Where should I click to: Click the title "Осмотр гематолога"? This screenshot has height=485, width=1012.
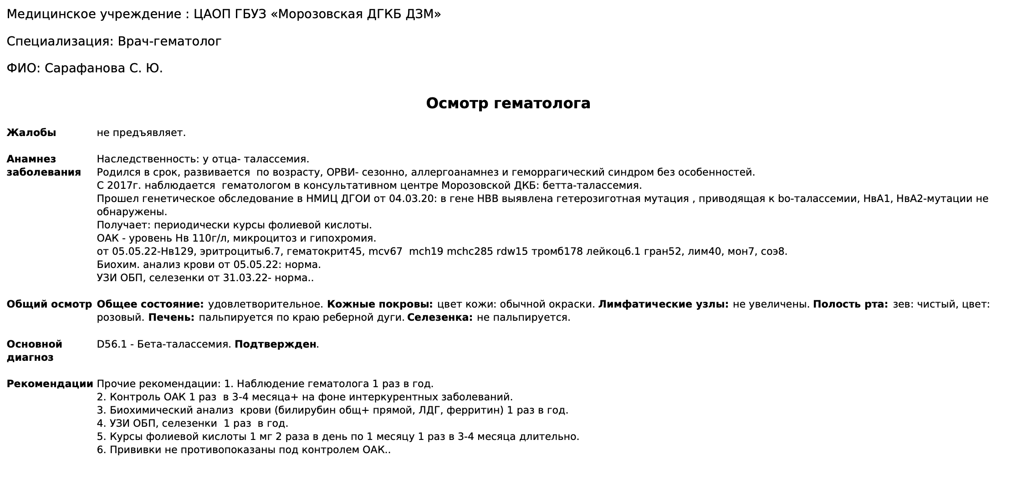(x=508, y=103)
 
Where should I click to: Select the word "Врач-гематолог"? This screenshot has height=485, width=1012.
(x=169, y=41)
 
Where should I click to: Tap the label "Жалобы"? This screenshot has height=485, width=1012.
(x=31, y=133)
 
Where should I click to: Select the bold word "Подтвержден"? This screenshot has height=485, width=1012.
(x=275, y=344)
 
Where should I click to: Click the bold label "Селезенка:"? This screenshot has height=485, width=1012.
(x=440, y=318)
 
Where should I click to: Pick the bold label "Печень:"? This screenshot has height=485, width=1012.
(x=171, y=318)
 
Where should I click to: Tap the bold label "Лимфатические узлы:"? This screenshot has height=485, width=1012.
(x=663, y=304)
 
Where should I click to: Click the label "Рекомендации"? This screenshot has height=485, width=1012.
(x=50, y=384)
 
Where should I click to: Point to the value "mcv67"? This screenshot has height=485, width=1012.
(x=388, y=252)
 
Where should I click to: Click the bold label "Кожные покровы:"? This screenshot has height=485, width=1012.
(x=380, y=304)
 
